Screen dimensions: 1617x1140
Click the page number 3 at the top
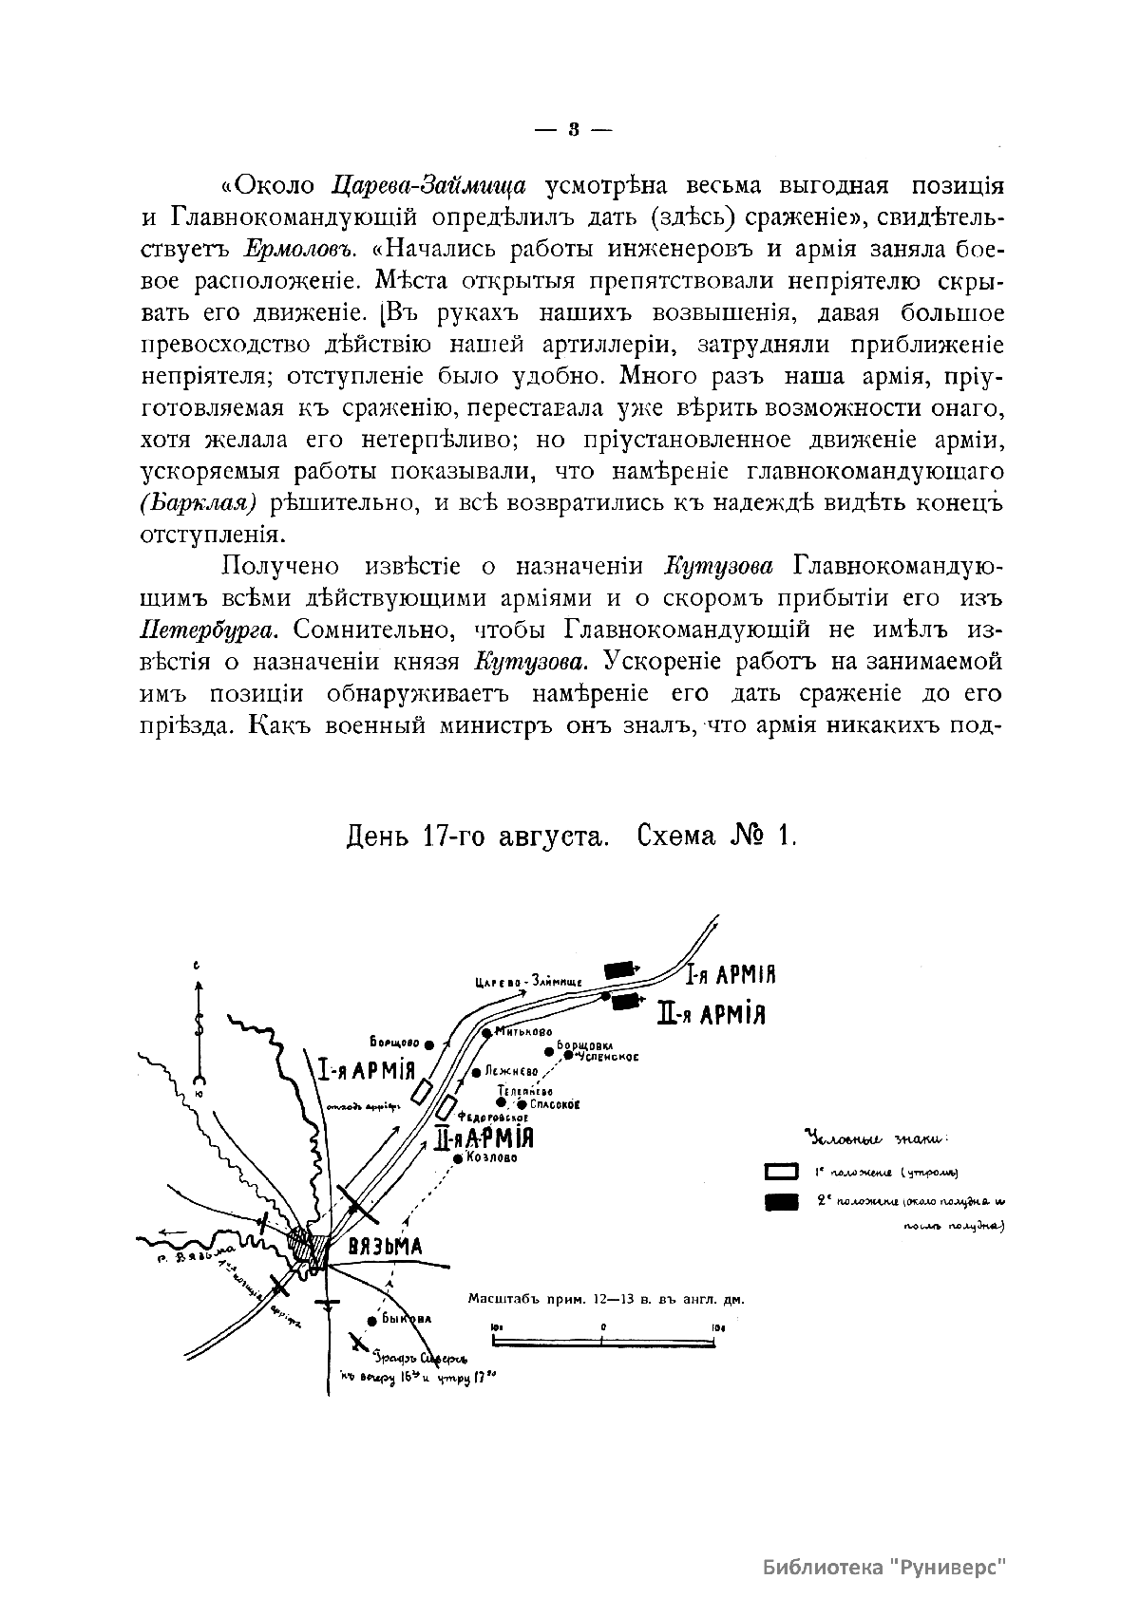coord(573,129)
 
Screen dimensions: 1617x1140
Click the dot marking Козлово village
coord(458,1158)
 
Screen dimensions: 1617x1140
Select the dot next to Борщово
coord(429,1044)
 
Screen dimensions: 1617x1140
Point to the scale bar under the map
coord(604,1341)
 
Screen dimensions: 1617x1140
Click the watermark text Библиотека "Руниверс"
coord(884,1568)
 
